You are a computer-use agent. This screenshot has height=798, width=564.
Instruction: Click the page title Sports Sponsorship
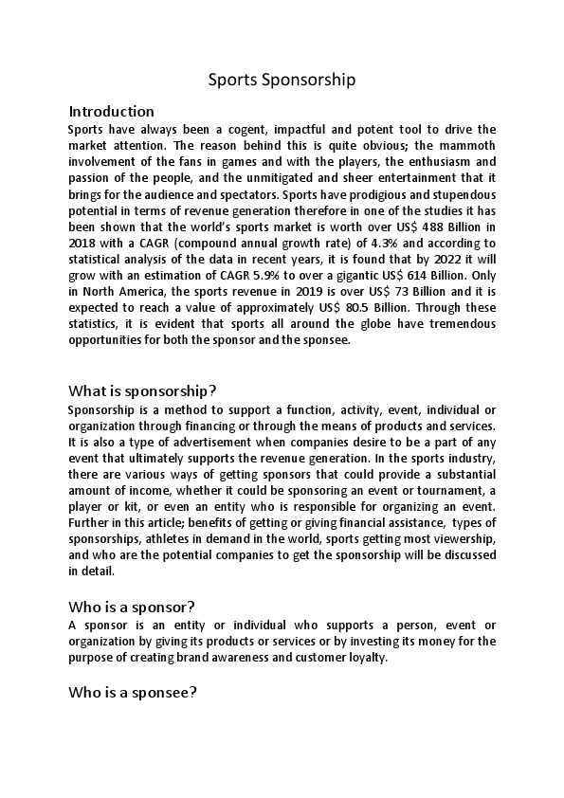pos(282,80)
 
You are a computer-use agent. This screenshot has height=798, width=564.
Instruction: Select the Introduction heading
pos(111,111)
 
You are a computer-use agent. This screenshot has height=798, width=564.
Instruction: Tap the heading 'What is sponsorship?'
pos(142,391)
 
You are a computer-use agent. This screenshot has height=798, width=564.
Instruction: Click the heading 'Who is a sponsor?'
pos(132,606)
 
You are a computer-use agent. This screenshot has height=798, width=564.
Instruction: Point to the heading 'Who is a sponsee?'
pos(132,692)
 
